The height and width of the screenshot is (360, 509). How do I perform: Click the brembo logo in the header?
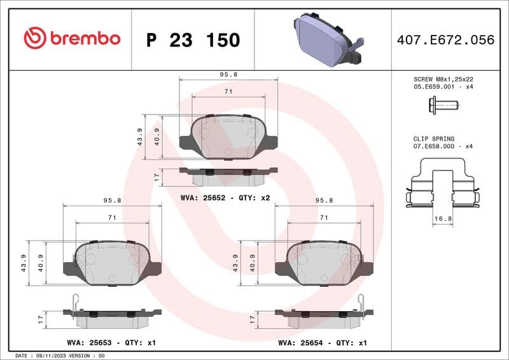pyautogui.click(x=71, y=39)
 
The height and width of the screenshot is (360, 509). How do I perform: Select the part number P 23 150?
pyautogui.click(x=193, y=40)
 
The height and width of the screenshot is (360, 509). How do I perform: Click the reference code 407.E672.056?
pyautogui.click(x=445, y=40)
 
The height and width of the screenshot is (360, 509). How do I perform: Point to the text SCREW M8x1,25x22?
pyautogui.click(x=443, y=79)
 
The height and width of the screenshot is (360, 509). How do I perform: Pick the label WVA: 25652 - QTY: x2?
pyautogui.click(x=225, y=198)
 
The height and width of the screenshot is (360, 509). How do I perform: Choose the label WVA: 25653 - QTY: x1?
pyautogui.click(x=111, y=342)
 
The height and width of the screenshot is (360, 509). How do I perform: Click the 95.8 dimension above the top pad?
pyautogui.click(x=228, y=74)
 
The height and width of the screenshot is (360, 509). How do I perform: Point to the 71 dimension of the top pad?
pyautogui.click(x=228, y=92)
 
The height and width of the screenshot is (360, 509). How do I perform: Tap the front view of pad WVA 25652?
pyautogui.click(x=228, y=136)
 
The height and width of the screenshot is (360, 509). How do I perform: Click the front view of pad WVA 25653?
pyautogui.click(x=112, y=263)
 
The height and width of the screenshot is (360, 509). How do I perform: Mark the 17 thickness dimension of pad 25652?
pyautogui.click(x=157, y=176)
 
